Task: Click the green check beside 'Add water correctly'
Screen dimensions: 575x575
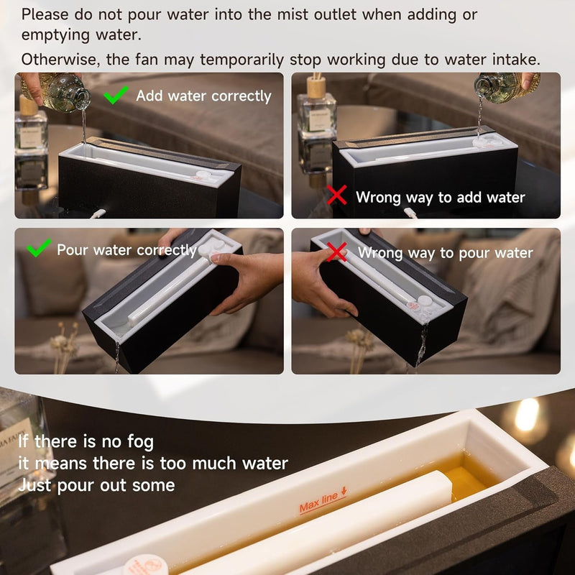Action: tap(116, 94)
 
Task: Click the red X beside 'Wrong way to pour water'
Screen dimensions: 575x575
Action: tap(337, 252)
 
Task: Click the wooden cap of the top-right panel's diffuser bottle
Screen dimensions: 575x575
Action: tap(316, 87)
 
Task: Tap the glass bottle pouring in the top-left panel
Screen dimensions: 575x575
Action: tap(61, 93)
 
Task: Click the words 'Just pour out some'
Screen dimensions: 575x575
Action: tap(96, 484)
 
